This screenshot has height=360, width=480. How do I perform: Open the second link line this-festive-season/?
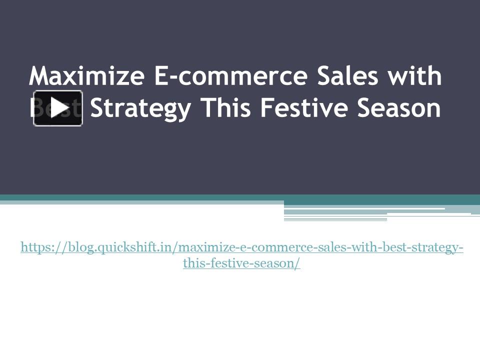241,263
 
